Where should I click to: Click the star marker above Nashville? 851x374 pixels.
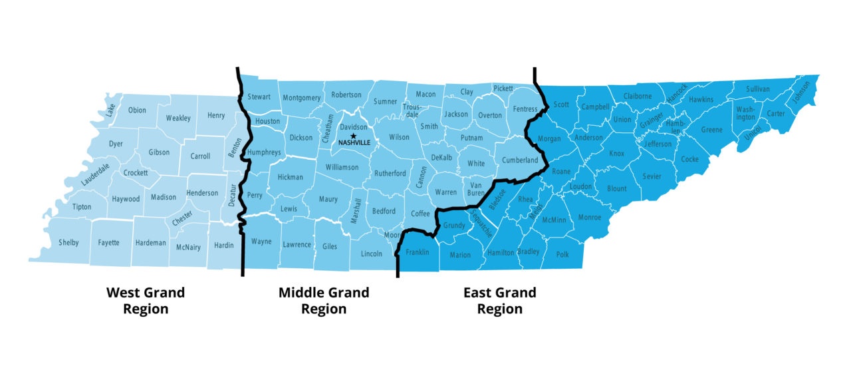353,136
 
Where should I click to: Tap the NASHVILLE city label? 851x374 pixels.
354,142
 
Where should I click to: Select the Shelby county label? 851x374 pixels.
68,243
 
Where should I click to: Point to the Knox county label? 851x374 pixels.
616,154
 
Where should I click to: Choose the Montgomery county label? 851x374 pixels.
301,98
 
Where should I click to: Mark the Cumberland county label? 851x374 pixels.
520,160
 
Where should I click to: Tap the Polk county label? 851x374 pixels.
562,254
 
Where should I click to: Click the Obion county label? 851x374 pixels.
137,110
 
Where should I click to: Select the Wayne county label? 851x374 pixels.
261,242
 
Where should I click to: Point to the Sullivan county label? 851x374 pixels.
758,89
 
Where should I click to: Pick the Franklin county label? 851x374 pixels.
418,252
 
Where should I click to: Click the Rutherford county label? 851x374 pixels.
390,174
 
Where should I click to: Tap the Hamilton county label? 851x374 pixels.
501,253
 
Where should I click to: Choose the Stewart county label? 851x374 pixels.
259,97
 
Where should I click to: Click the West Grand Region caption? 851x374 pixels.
146,300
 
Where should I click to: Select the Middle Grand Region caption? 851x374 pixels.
324,300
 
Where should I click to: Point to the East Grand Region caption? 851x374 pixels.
499,300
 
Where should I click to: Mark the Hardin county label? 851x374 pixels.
224,246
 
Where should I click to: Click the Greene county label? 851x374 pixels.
711,130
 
